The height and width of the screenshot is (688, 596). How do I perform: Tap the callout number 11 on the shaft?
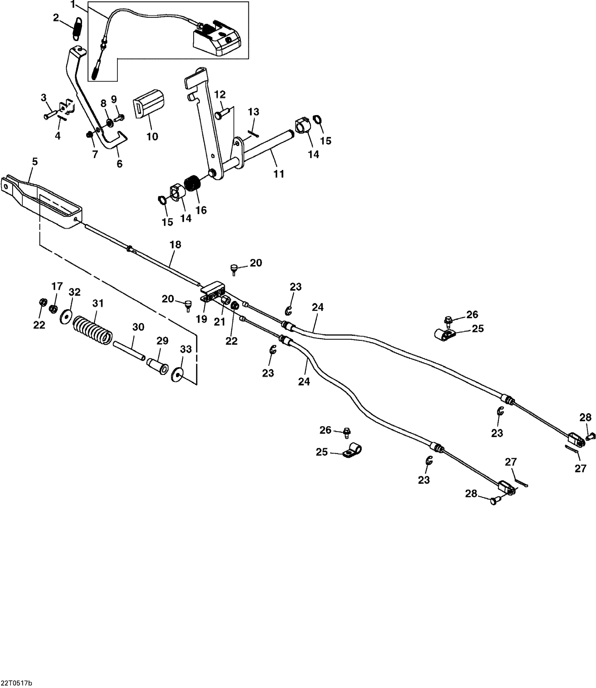pos(279,174)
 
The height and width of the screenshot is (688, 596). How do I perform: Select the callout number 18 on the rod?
pos(175,245)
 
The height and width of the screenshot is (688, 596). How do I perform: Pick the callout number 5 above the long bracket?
pos(35,162)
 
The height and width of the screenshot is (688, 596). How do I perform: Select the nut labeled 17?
pos(54,309)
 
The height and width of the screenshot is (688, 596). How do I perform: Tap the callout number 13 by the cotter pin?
pos(253,112)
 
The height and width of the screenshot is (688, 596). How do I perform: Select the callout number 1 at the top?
pos(73,5)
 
